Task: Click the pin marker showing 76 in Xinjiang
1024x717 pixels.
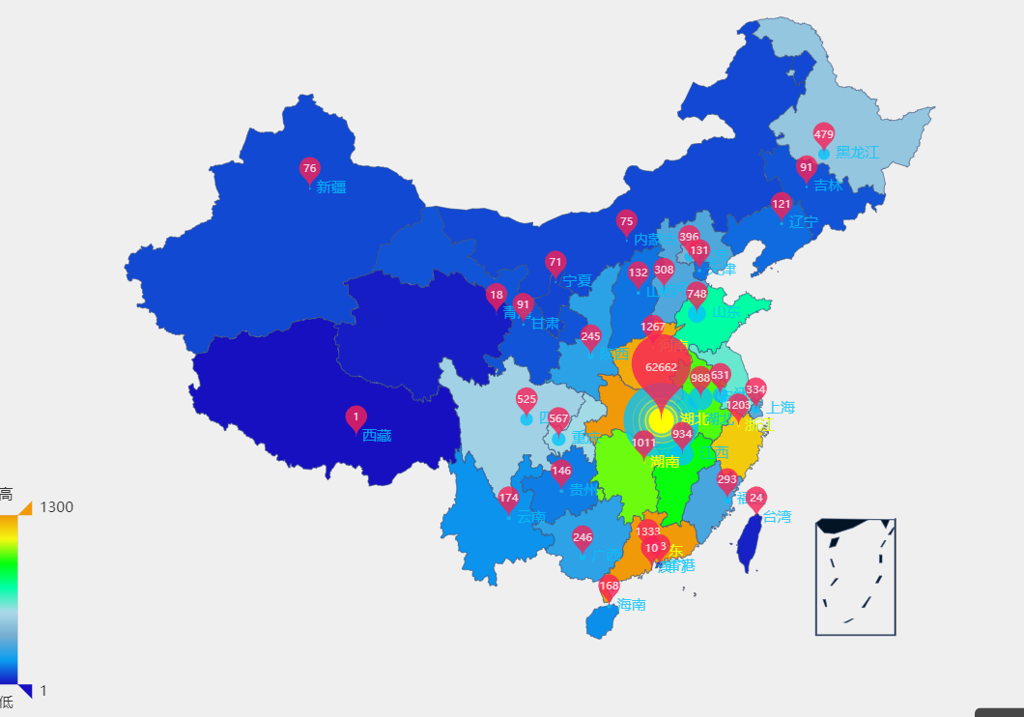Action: (x=309, y=169)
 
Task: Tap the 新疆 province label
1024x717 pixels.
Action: (x=330, y=187)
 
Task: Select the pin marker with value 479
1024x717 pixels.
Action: (x=823, y=134)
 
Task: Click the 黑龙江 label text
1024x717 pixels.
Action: (x=857, y=153)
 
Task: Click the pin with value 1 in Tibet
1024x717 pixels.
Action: (x=356, y=417)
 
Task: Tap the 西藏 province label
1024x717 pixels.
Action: (x=377, y=436)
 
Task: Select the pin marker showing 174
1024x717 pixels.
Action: (x=508, y=499)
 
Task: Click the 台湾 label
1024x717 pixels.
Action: (x=777, y=517)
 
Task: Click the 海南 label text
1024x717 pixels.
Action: (x=631, y=605)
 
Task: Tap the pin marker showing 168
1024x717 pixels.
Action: (x=609, y=586)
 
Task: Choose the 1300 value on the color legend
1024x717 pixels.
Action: (x=56, y=507)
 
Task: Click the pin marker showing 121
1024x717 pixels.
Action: (x=781, y=204)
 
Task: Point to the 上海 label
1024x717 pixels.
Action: (x=781, y=408)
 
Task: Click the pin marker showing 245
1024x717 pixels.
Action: (x=590, y=337)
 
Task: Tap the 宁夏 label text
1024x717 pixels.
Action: (x=577, y=281)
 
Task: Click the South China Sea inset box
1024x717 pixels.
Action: (x=855, y=577)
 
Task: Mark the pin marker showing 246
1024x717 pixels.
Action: (x=582, y=538)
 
